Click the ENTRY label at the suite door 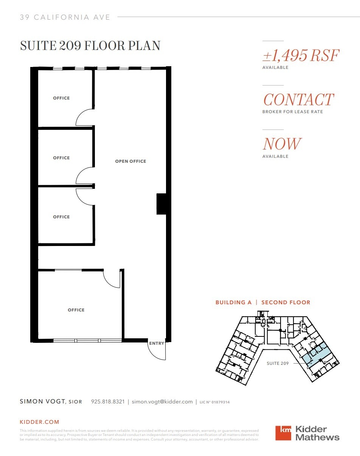157,343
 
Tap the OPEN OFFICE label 130,161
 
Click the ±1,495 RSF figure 301,56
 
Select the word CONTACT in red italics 298,100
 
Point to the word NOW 282,144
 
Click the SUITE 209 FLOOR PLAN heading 90,46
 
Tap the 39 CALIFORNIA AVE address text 65,17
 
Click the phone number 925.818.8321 108,402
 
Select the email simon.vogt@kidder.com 162,402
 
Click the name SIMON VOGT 43,402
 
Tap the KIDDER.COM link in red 39,422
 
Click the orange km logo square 283,433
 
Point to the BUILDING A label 233,302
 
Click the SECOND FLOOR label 286,302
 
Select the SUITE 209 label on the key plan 278,363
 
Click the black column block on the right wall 161,204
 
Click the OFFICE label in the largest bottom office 76,310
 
